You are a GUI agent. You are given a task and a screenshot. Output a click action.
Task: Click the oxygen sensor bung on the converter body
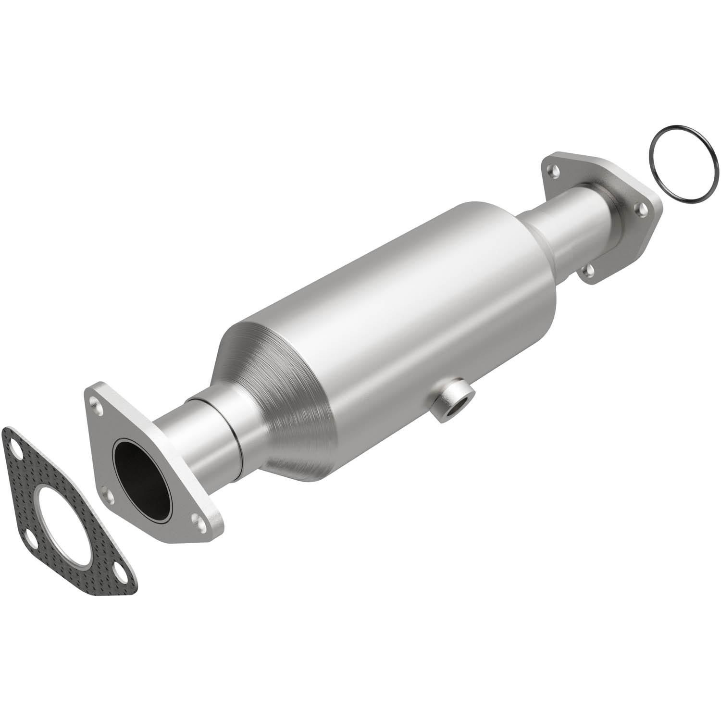click(451, 402)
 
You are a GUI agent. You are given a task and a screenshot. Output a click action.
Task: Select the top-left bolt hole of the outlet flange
click(556, 169)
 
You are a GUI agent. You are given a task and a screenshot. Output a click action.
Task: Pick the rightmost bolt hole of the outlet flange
click(641, 208)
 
